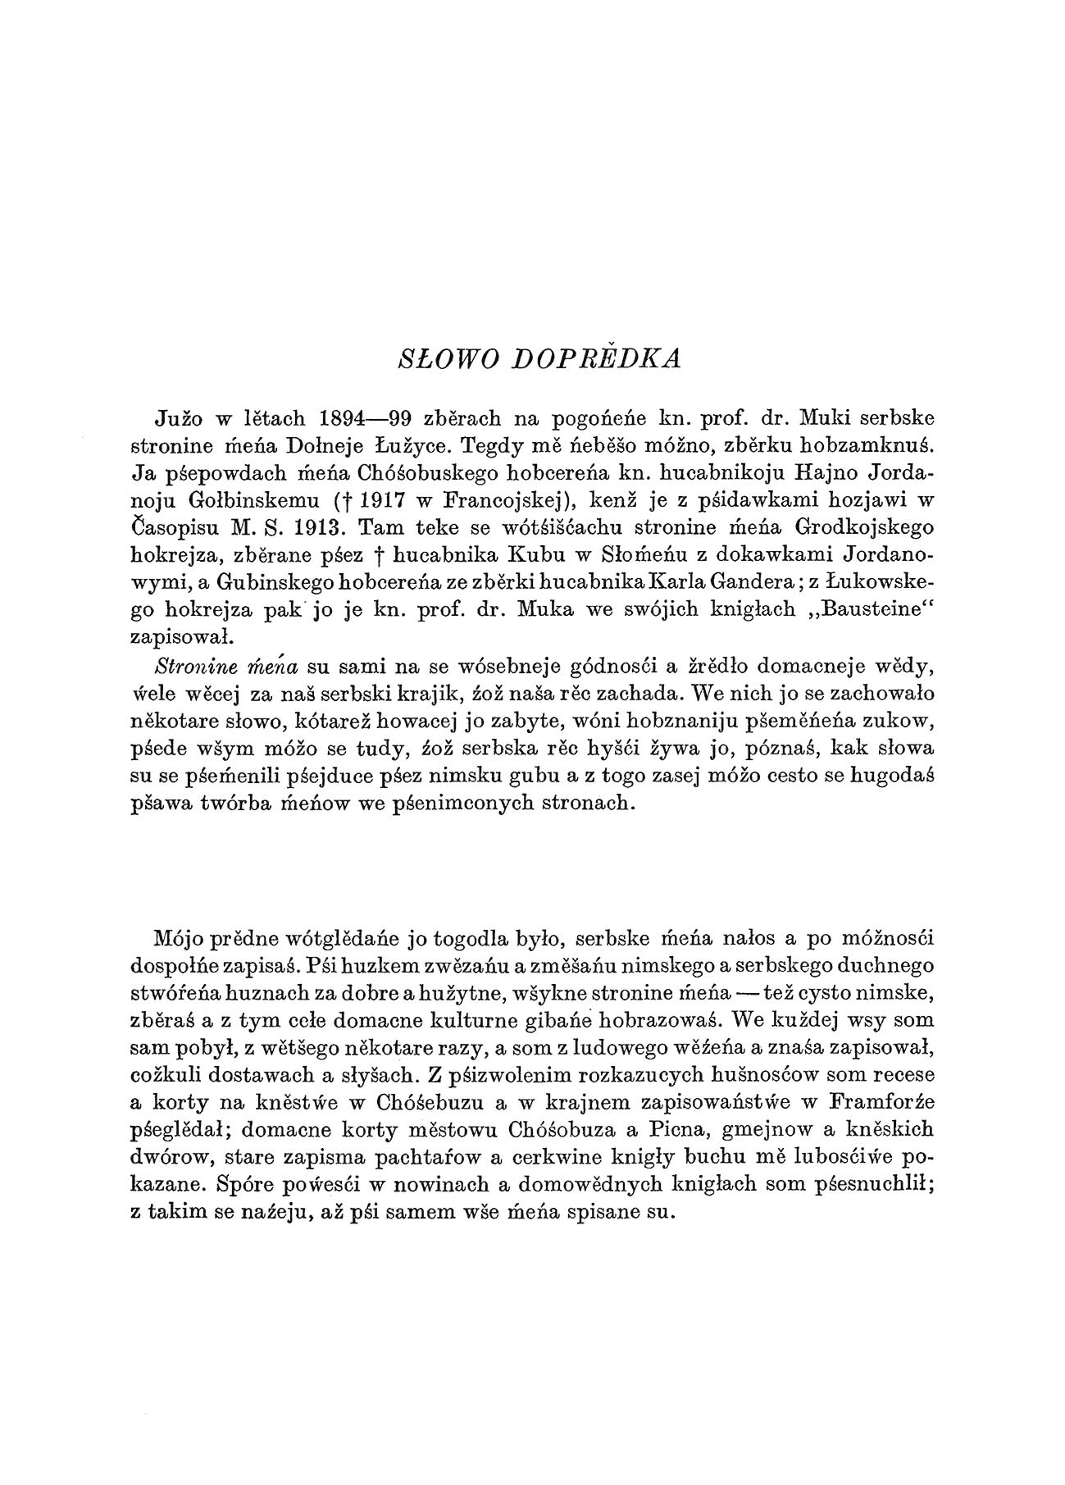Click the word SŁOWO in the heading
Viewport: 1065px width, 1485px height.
[433, 359]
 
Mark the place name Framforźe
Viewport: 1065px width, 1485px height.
[872, 1110]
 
